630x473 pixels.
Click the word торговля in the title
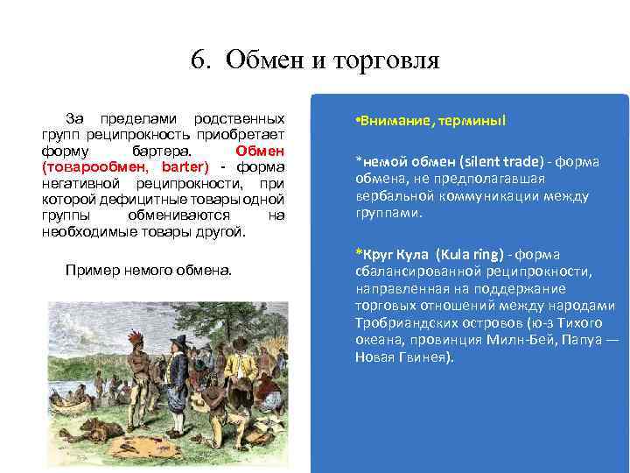(x=382, y=60)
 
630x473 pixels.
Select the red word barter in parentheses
(x=183, y=166)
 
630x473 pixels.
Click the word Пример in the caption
(x=89, y=271)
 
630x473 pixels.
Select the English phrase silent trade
(x=484, y=161)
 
